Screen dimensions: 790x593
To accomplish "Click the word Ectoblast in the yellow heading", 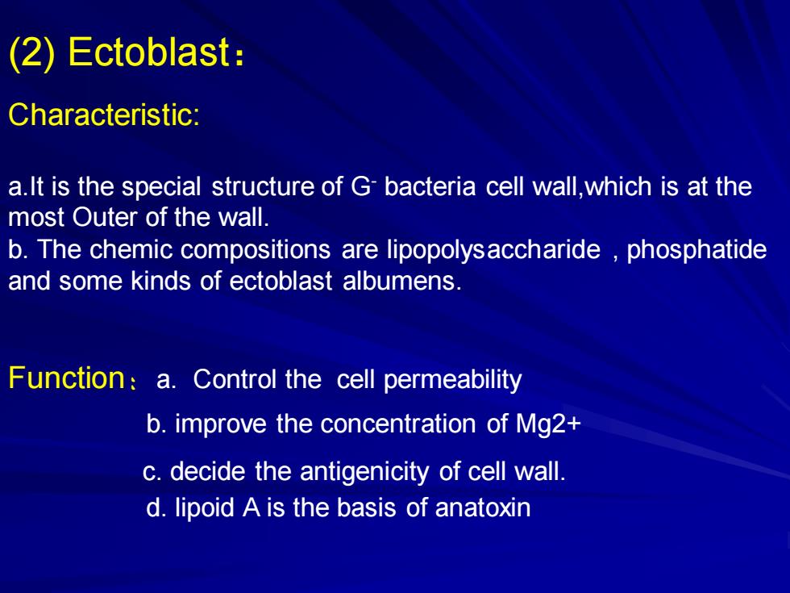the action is point(148,52).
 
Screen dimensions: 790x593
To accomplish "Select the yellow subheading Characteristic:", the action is point(104,115).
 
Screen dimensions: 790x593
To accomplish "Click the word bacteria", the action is point(430,186).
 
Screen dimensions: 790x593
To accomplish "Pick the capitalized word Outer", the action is point(105,217).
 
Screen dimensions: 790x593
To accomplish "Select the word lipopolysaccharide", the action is point(493,249).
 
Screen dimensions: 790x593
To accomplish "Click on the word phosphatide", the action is point(696,249).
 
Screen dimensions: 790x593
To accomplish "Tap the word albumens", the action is point(401,281).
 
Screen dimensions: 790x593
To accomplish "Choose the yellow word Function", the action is point(66,378).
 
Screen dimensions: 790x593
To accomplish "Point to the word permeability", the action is point(452,380).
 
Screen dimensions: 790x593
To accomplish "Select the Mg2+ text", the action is point(548,424).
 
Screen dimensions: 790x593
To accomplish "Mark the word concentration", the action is point(398,424).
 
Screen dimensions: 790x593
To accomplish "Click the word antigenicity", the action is point(364,472).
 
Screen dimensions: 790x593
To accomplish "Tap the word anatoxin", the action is point(483,507).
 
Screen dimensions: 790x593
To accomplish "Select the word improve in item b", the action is point(221,424).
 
